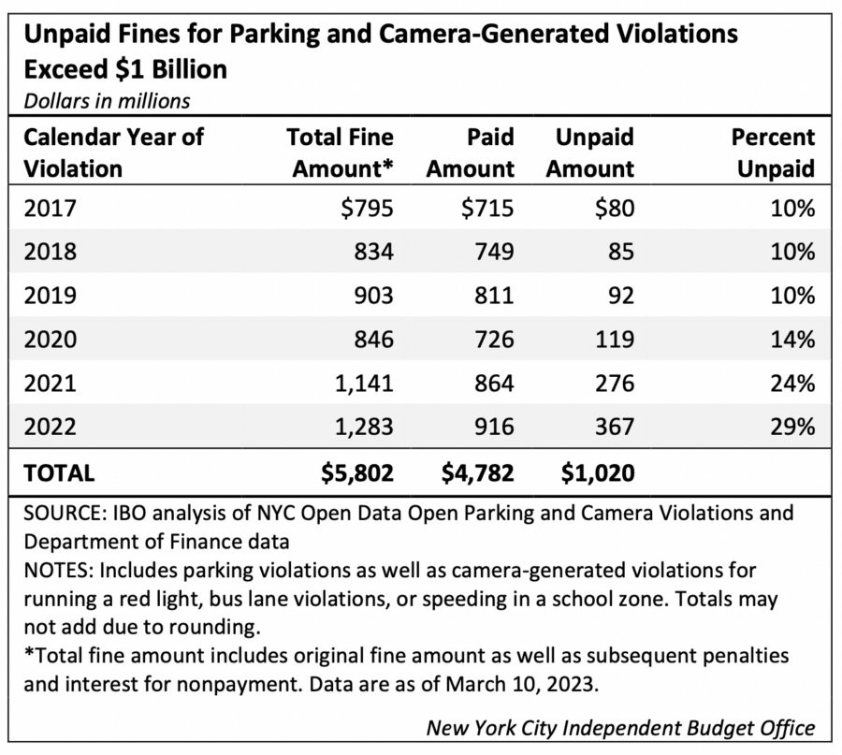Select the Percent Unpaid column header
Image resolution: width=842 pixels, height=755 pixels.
click(x=772, y=153)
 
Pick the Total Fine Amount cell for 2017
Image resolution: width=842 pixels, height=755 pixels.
click(x=368, y=209)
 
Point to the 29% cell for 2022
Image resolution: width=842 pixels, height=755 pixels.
click(x=793, y=426)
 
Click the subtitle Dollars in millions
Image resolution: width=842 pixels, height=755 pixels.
click(x=107, y=99)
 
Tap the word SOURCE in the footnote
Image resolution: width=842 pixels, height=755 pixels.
click(x=60, y=514)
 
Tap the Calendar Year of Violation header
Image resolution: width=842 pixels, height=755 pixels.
click(x=112, y=153)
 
